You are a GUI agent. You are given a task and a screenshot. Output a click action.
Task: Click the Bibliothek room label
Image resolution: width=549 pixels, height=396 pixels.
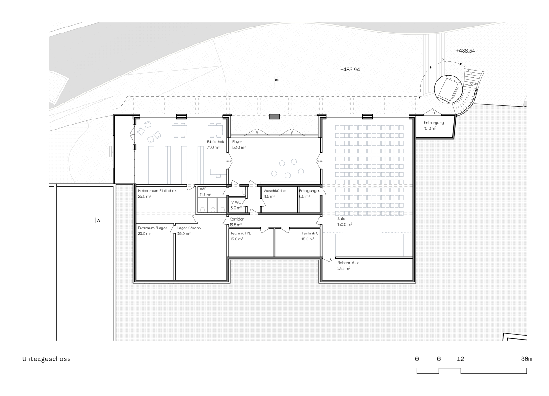click(x=215, y=142)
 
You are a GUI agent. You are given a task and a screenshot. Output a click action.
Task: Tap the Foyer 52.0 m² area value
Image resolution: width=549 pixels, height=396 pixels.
click(x=239, y=147)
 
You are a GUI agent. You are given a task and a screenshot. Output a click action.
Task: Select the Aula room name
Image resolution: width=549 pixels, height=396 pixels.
click(x=341, y=219)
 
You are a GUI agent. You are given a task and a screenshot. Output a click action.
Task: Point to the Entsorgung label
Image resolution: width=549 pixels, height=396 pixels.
click(x=434, y=123)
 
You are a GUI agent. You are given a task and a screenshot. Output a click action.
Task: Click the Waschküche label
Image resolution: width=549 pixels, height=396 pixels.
click(x=274, y=191)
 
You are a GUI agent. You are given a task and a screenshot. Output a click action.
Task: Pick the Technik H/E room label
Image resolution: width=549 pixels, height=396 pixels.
click(x=241, y=233)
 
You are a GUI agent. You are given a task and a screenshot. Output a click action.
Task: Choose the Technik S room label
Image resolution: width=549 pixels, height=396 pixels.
click(x=310, y=233)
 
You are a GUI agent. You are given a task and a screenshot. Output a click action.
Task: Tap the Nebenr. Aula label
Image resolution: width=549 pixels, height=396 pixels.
click(x=348, y=263)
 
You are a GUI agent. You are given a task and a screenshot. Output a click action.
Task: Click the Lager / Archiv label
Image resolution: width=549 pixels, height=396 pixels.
click(x=189, y=228)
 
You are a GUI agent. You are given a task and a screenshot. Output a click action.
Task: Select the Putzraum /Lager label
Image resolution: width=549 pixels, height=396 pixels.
click(x=152, y=228)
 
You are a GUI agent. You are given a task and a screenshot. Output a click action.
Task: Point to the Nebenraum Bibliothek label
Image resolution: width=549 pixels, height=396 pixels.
click(x=157, y=191)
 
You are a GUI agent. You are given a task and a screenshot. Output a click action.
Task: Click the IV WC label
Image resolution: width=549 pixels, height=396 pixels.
click(x=236, y=202)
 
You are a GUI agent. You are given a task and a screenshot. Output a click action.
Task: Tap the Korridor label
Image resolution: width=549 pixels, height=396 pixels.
click(x=237, y=219)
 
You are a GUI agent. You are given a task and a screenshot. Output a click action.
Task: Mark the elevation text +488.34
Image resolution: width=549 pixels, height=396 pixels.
click(x=465, y=51)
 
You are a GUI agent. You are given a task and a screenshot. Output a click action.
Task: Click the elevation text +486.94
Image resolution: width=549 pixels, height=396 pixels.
click(x=350, y=70)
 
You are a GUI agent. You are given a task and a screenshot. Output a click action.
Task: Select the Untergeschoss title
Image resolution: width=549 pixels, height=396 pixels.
click(x=47, y=359)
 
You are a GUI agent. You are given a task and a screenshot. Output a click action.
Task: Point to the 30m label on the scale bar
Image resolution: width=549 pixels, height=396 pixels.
click(x=527, y=359)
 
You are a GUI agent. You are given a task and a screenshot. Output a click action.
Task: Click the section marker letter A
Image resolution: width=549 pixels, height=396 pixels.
click(x=98, y=221)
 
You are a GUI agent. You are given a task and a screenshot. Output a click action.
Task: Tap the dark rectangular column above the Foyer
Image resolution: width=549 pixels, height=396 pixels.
click(x=274, y=117)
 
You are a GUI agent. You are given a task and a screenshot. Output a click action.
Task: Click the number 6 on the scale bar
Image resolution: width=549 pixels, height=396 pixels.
click(x=439, y=359)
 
